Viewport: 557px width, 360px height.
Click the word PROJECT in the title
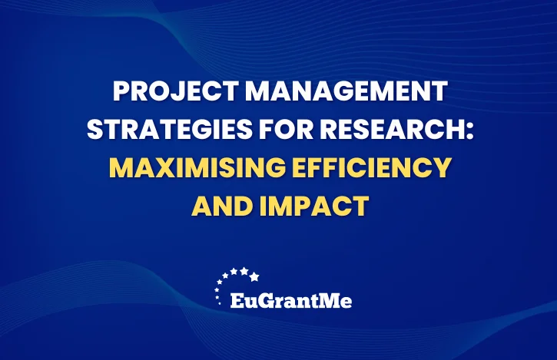pos(175,91)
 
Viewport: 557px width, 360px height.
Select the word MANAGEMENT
pos(346,91)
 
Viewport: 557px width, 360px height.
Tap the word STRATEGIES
pos(170,129)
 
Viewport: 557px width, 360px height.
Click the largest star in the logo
pos(254,276)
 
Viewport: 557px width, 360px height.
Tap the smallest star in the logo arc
pos(219,303)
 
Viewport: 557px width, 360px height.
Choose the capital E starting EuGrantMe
pos(237,301)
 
